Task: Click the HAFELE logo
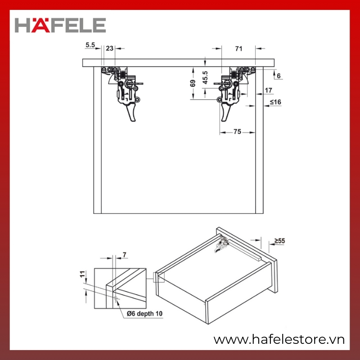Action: pyautogui.click(x=60, y=25)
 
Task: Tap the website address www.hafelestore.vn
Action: pyautogui.click(x=279, y=340)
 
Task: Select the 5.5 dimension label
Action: pyautogui.click(x=90, y=45)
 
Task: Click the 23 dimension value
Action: pyautogui.click(x=110, y=48)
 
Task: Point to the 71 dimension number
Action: pyautogui.click(x=239, y=49)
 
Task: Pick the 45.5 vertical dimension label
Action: pyautogui.click(x=205, y=77)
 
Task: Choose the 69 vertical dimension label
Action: pyautogui.click(x=193, y=83)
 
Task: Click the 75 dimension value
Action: pyautogui.click(x=238, y=131)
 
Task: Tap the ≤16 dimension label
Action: pyautogui.click(x=275, y=102)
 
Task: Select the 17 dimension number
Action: pyautogui.click(x=268, y=90)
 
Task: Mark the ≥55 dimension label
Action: pyautogui.click(x=279, y=241)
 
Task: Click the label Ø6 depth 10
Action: pyautogui.click(x=144, y=314)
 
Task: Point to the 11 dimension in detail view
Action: pyautogui.click(x=82, y=274)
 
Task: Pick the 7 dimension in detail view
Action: pyautogui.click(x=125, y=255)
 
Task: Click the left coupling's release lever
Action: pyautogui.click(x=132, y=112)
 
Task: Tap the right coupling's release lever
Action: pyautogui.click(x=226, y=112)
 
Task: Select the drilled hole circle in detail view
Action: pyautogui.click(x=116, y=298)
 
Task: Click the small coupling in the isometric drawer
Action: pyautogui.click(x=221, y=244)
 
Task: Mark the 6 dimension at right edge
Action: pyautogui.click(x=279, y=76)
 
